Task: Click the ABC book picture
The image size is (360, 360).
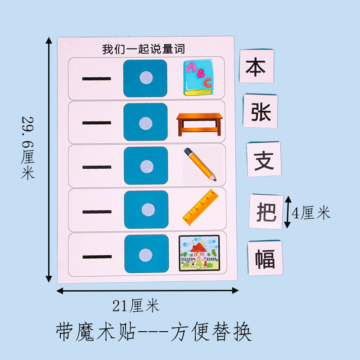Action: tap(198, 78)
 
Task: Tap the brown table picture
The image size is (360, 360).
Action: tap(199, 124)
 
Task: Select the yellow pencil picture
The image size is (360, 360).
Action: tap(200, 164)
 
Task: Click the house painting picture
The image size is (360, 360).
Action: tap(199, 253)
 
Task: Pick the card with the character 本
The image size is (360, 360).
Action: tap(256, 67)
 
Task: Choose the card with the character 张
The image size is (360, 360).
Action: tap(261, 111)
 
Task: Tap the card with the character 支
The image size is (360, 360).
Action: tap(264, 159)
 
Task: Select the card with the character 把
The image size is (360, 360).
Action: tap(266, 211)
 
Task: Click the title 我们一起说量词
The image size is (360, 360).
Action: tap(143, 49)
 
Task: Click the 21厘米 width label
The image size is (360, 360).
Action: tap(135, 306)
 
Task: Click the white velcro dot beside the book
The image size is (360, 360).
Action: tap(145, 77)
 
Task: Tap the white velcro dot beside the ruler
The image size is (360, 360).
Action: tap(146, 209)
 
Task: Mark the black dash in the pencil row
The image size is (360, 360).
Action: tap(97, 166)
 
